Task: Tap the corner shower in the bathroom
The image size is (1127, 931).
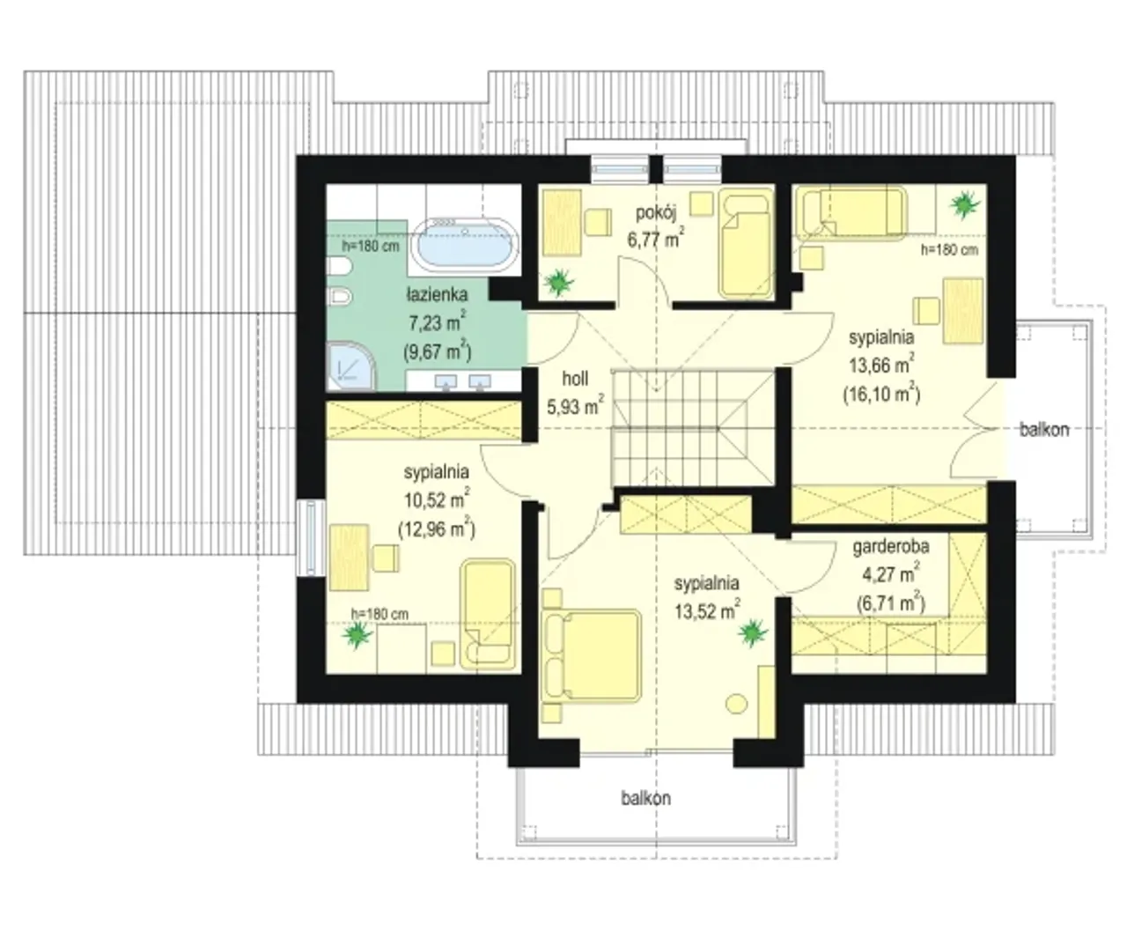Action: point(350,366)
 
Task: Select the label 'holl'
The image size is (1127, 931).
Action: point(575,379)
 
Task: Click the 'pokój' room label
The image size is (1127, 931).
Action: point(656,213)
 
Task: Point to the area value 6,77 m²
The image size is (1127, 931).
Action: point(656,238)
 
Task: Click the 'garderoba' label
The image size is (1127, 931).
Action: point(890,546)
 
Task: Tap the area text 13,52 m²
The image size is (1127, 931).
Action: point(707,610)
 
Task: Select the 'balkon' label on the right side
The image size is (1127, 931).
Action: point(1044,430)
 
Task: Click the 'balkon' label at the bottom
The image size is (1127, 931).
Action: point(645,798)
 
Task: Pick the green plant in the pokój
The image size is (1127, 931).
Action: point(559,281)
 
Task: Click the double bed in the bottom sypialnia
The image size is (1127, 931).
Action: point(591,655)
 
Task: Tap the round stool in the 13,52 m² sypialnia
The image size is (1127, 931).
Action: point(736,704)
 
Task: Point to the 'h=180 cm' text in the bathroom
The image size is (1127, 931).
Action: point(371,247)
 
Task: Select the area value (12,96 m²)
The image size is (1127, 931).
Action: point(436,528)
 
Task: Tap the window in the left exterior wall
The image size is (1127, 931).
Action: point(312,538)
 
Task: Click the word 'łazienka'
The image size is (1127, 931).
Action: point(437,295)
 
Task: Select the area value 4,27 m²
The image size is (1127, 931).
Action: point(890,574)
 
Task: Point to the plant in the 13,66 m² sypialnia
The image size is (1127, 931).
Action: point(965,204)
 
